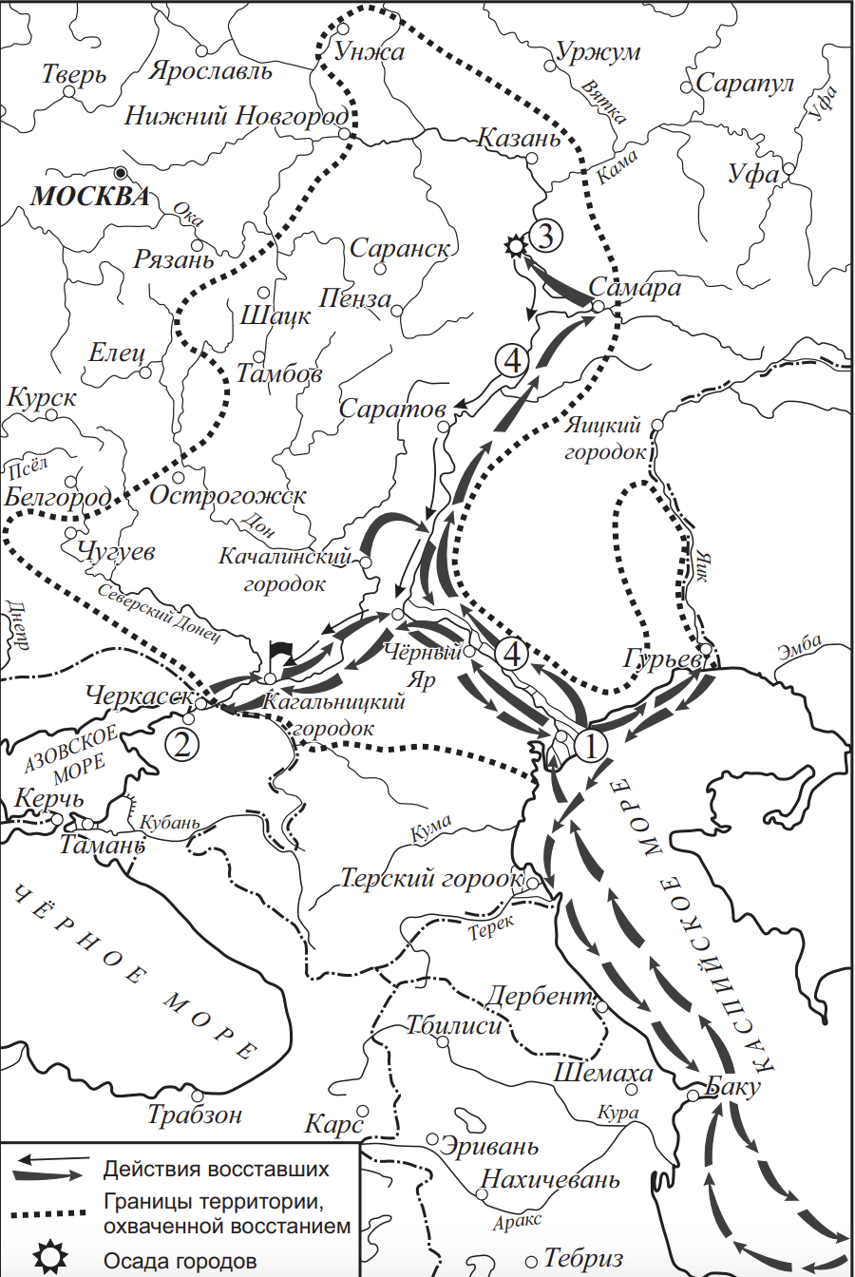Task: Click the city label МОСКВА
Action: coord(91,197)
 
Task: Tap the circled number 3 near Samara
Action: coord(545,235)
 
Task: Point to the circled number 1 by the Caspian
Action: coord(590,747)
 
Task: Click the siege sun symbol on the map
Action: coord(515,246)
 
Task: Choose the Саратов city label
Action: coord(392,410)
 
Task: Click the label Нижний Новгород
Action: coord(237,116)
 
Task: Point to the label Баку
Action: coord(734,1086)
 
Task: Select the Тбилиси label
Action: coord(453,1025)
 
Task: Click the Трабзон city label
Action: coord(196,1114)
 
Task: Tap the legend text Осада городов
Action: coord(180,1261)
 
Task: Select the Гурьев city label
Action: coord(663,658)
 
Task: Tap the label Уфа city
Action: coord(753,174)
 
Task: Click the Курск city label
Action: coord(42,398)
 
